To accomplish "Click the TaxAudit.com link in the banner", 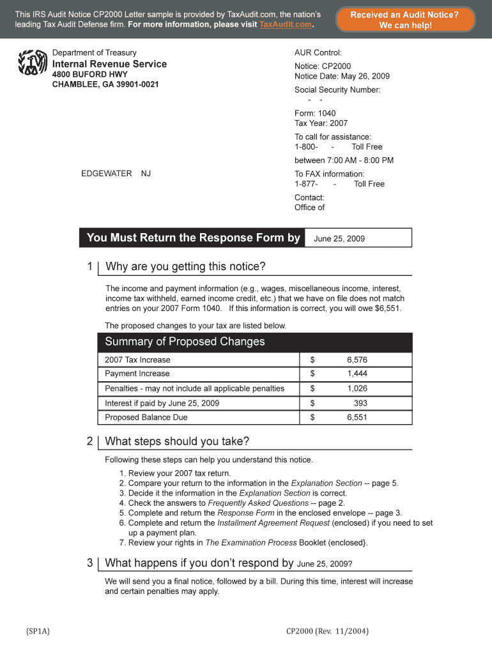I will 286,24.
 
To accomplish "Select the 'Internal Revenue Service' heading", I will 109,64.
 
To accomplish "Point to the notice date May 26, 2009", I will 365,76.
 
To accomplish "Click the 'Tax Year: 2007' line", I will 321,123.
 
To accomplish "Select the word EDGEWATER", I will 106,174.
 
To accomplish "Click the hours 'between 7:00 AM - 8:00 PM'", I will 344,160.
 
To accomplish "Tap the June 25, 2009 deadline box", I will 358,238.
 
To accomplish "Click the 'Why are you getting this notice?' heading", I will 185,266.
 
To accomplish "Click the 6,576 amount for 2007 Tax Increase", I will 357,360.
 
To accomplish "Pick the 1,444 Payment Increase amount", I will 357,374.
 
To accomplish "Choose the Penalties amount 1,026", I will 357,388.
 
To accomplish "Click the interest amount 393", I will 360,403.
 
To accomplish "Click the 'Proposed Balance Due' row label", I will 146,418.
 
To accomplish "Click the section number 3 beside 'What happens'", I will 89,563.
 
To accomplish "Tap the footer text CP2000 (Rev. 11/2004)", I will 327,631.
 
